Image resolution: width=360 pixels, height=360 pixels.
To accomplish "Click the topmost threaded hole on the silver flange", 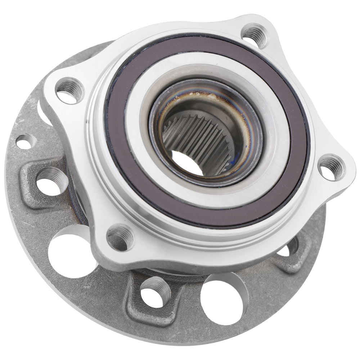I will click(x=254, y=35).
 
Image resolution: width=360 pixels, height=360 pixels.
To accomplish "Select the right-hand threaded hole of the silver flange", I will click(x=330, y=167).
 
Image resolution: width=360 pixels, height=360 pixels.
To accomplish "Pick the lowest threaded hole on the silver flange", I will click(x=120, y=238).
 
